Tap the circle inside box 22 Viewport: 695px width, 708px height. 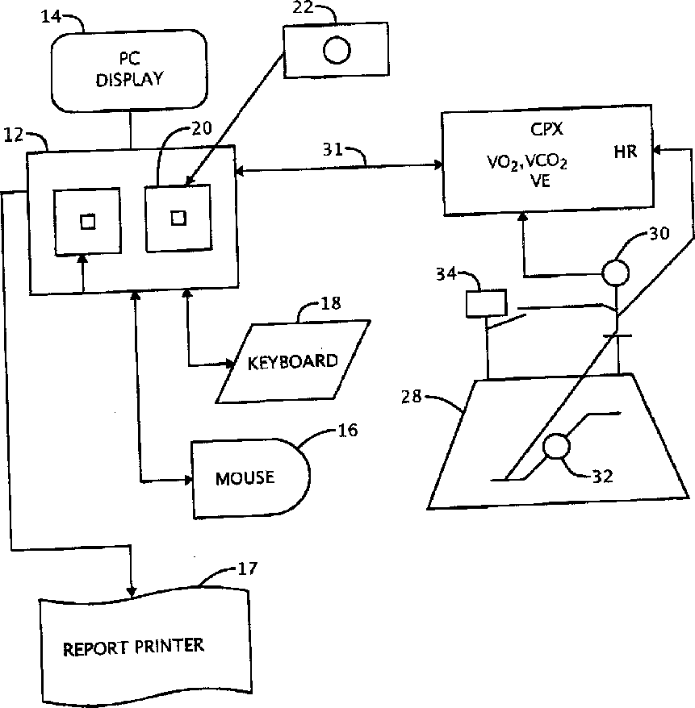click(x=337, y=50)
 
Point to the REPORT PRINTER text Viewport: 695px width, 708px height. click(x=133, y=647)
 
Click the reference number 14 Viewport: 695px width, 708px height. click(x=51, y=17)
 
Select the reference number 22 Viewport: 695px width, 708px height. click(x=303, y=7)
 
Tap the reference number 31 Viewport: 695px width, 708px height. click(x=333, y=149)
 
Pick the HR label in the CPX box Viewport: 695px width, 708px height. click(x=626, y=152)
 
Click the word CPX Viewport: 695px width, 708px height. click(x=546, y=130)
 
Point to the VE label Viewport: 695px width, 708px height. click(x=541, y=181)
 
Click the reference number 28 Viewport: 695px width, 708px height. click(x=411, y=397)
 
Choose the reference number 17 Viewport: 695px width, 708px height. click(x=247, y=568)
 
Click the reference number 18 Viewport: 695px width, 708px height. click(x=330, y=303)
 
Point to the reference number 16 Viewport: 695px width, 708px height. click(x=347, y=430)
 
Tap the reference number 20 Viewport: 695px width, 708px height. click(x=202, y=129)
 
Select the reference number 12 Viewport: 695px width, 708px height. click(x=14, y=135)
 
